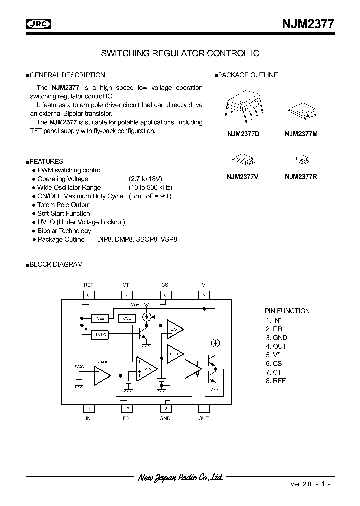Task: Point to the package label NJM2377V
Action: pyautogui.click(x=242, y=176)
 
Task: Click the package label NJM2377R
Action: pyautogui.click(x=301, y=176)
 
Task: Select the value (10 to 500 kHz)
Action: pyautogui.click(x=150, y=188)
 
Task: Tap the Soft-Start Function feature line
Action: pyautogui.click(x=64, y=213)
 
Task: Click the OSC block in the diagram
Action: pyautogui.click(x=126, y=318)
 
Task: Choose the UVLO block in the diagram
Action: pyautogui.click(x=100, y=335)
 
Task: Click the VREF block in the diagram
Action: pyautogui.click(x=100, y=318)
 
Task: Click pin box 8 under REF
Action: pyautogui.click(x=88, y=295)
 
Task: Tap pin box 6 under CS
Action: pyautogui.click(x=165, y=295)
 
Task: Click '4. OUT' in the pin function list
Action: pyautogui.click(x=276, y=346)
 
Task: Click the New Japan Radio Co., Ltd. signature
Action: pyautogui.click(x=180, y=477)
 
